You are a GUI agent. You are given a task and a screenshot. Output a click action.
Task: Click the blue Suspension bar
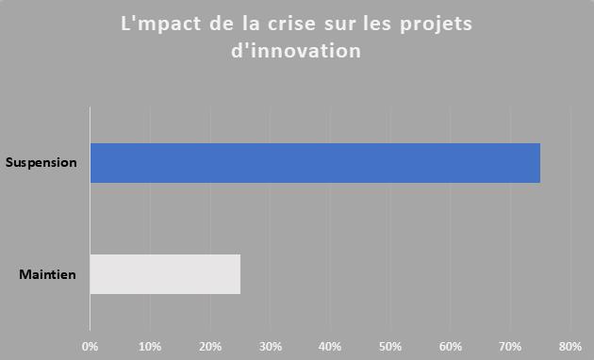coord(315,162)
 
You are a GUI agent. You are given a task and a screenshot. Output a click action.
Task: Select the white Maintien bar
coord(165,274)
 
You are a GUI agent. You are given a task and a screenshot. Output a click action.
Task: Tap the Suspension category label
coord(41,162)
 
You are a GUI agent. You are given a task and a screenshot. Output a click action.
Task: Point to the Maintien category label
coord(47,275)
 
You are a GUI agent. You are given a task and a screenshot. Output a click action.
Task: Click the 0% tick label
coord(91,346)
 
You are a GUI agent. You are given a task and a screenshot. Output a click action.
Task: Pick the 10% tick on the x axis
coord(150,346)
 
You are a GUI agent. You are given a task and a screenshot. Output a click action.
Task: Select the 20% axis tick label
coord(210,346)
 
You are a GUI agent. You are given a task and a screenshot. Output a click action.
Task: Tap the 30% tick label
coord(271,346)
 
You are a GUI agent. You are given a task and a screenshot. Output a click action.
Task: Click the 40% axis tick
coord(330,346)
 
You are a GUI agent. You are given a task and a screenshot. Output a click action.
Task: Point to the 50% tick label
coord(390,346)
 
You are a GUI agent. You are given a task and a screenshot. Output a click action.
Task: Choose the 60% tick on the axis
coord(451,346)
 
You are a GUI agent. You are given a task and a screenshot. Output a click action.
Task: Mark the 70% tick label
coord(510,346)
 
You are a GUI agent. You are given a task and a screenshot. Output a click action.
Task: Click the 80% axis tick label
coord(570,346)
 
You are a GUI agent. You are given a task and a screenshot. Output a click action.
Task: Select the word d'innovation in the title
coord(296,51)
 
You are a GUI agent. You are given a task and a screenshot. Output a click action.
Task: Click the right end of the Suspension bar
coord(538,162)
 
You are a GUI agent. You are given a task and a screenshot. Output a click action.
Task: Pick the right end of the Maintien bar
coord(239,274)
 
